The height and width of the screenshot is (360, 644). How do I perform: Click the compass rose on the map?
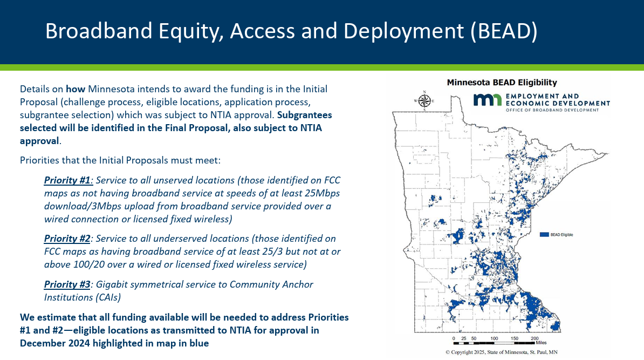pyautogui.click(x=424, y=100)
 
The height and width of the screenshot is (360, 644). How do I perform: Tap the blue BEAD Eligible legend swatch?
pyautogui.click(x=544, y=235)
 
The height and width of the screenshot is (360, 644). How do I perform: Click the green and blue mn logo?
pyautogui.click(x=488, y=100)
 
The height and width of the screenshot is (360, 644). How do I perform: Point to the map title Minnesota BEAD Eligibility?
pyautogui.click(x=502, y=82)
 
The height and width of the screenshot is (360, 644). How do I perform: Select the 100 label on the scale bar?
pyautogui.click(x=494, y=338)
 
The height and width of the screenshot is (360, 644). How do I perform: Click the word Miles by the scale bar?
pyautogui.click(x=541, y=342)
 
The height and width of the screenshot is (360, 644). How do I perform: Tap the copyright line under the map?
pyautogui.click(x=502, y=352)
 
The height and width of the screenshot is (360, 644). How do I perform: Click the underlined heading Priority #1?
pyautogui.click(x=67, y=180)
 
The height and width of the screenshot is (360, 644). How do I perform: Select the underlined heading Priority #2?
pyautogui.click(x=67, y=239)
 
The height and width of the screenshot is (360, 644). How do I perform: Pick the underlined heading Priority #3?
pyautogui.click(x=67, y=284)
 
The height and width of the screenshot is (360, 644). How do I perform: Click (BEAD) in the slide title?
pyautogui.click(x=504, y=31)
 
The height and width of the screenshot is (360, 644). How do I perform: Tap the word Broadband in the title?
pyautogui.click(x=99, y=31)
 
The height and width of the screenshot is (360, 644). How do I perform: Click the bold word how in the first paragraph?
pyautogui.click(x=76, y=89)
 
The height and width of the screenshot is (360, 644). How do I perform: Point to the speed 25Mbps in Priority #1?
pyautogui.click(x=323, y=193)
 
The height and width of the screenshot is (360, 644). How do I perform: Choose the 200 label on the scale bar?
pyautogui.click(x=535, y=338)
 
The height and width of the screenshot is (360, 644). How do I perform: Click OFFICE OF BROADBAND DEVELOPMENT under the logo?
pyautogui.click(x=552, y=110)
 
